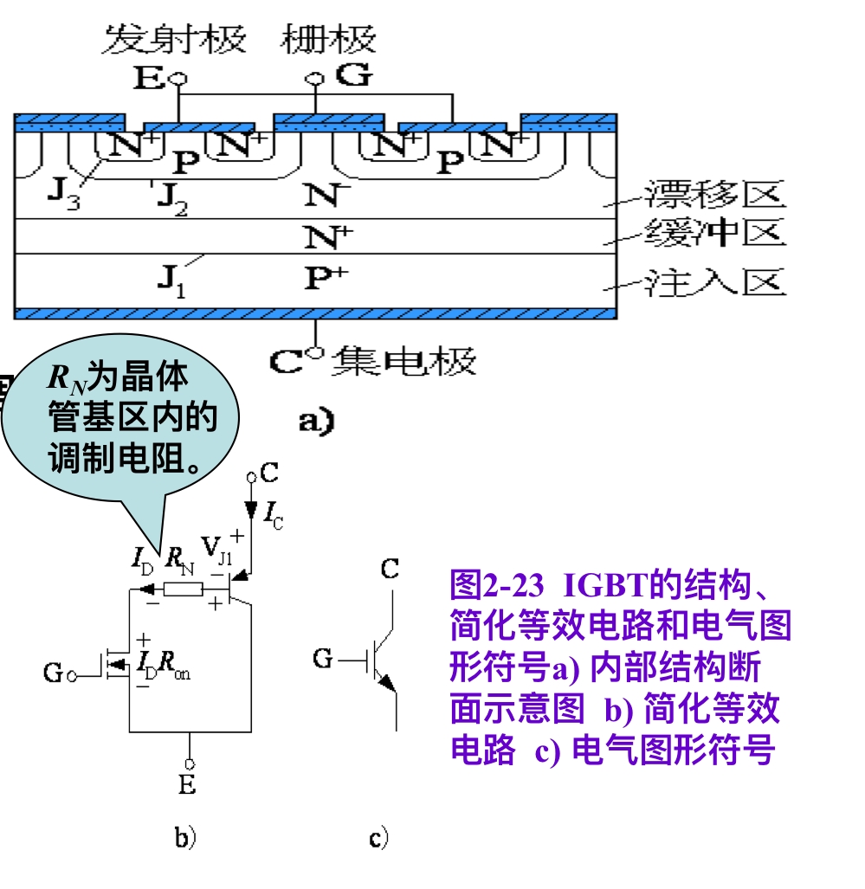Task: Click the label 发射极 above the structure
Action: pos(174,40)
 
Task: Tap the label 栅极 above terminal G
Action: pos(329,40)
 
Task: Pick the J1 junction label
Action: pos(171,280)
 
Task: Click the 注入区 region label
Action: pos(715,282)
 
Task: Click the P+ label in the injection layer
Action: pos(325,278)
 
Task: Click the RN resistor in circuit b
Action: pos(183,590)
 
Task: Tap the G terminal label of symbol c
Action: pos(323,660)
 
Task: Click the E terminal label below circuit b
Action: pos(187,785)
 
